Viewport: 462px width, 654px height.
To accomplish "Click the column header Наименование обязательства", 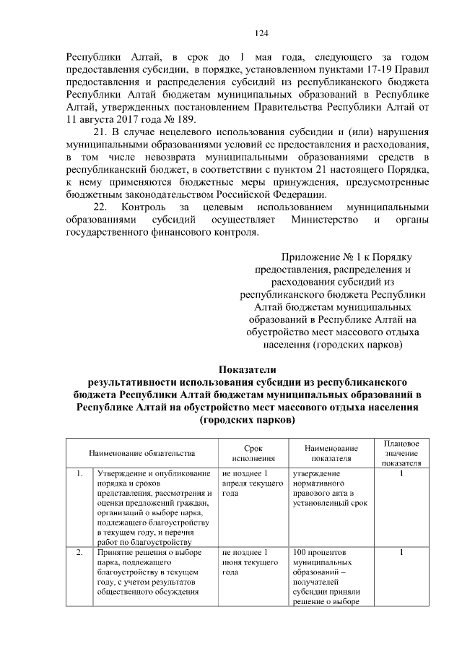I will point(141,453).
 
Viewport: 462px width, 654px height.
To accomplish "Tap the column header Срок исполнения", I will point(253,453).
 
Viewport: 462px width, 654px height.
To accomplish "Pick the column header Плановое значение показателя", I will point(401,453).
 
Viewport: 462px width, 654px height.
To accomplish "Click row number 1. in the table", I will point(79,474).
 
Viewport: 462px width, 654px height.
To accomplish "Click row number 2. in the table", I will point(79,553).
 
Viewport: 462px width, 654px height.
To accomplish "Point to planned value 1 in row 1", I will point(401,474).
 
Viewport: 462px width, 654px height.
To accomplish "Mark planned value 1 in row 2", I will point(401,553).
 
